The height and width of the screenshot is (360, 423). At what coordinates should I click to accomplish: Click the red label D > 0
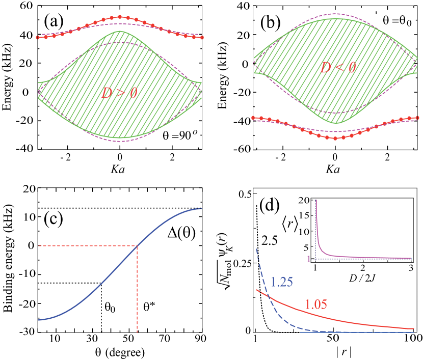119,93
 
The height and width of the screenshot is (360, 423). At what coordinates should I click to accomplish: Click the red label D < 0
337,67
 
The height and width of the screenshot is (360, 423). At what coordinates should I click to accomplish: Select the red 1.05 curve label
316,304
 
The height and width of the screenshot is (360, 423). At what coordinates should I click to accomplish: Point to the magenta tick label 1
308,259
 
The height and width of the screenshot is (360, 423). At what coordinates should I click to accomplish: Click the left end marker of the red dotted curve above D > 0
38,37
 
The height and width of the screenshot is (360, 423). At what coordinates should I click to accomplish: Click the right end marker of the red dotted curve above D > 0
202,37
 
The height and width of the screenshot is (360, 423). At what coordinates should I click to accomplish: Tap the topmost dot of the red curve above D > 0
120,17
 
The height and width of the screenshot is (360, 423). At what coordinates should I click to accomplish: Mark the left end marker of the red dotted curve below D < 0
253,118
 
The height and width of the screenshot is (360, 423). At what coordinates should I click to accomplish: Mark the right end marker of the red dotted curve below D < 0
417,118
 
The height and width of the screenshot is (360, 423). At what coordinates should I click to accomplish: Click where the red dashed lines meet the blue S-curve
137,246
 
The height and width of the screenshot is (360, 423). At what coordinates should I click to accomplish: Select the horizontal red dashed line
87,246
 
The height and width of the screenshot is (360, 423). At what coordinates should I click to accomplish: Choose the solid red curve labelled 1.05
357,320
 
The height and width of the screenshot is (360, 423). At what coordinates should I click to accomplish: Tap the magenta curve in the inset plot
326,253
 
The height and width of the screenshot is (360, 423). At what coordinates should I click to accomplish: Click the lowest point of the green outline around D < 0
336,124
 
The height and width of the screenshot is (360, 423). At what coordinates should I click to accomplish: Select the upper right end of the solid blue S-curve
202,208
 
